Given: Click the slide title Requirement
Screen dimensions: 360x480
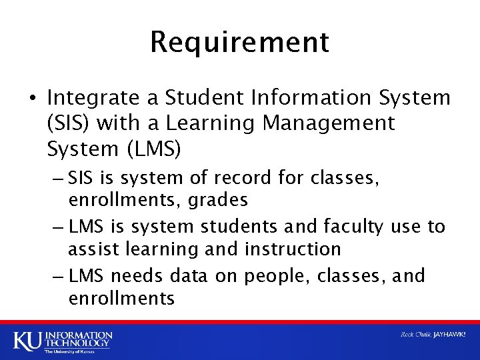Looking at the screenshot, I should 239,42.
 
